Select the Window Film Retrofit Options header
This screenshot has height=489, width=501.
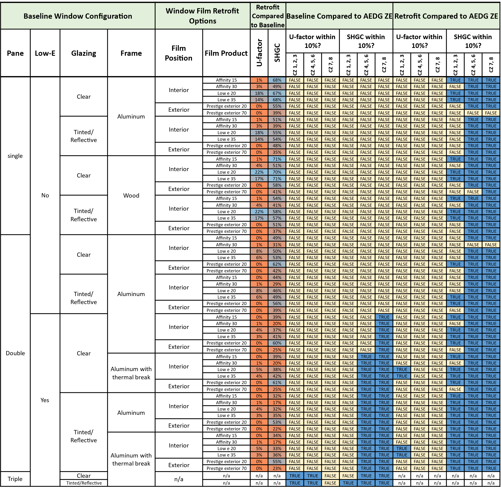tap(203, 16)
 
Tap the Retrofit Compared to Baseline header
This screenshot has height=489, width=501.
tap(268, 16)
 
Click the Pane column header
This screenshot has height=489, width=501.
tap(15, 53)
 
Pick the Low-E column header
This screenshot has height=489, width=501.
tap(45, 53)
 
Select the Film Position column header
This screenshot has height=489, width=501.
tap(179, 53)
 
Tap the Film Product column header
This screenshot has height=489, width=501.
tap(226, 53)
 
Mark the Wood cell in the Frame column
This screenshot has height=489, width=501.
tap(131, 195)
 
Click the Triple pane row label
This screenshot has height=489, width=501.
tap(15, 479)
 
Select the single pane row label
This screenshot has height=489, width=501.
tap(15, 156)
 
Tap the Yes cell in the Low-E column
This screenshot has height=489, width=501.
tap(45, 400)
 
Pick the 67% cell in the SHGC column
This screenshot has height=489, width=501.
tap(277, 93)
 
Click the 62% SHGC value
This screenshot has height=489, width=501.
tap(277, 264)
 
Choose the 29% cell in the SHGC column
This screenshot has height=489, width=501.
tap(277, 284)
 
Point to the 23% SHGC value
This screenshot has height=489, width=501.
tap(277, 468)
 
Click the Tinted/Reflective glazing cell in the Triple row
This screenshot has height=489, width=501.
tap(84, 483)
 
